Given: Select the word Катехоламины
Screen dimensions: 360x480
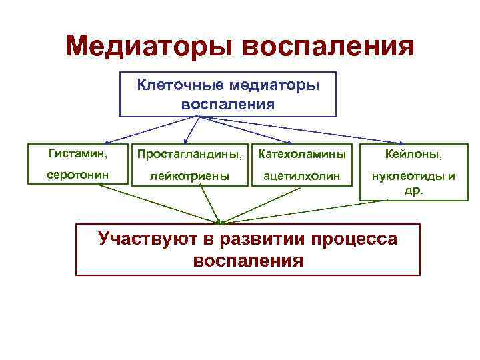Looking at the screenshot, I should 301,155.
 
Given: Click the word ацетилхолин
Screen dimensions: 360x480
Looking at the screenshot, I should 301,177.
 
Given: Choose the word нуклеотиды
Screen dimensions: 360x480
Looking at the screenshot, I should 403,177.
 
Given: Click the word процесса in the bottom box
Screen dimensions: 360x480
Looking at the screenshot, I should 353,238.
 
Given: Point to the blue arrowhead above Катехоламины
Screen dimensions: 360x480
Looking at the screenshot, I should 288,142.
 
